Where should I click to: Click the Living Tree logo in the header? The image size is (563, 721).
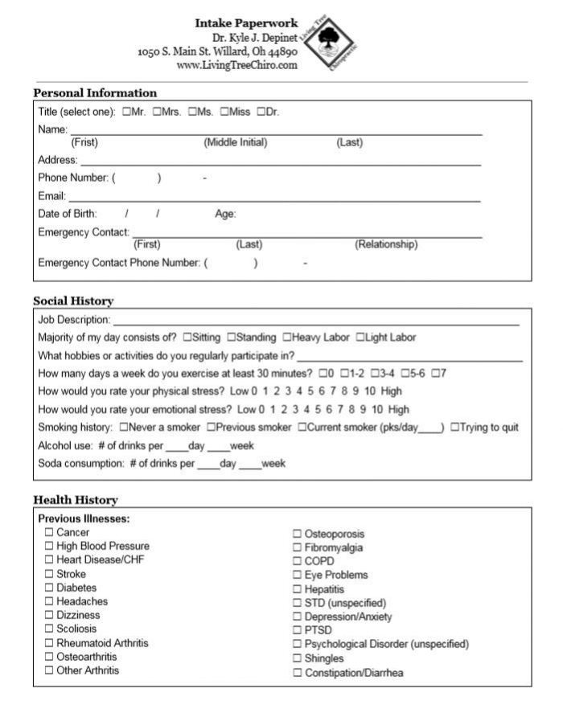pyautogui.click(x=328, y=43)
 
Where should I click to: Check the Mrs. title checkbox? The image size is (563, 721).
pyautogui.click(x=157, y=112)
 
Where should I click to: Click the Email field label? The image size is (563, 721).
pyautogui.click(x=51, y=196)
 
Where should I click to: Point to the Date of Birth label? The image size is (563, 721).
pyautogui.click(x=68, y=214)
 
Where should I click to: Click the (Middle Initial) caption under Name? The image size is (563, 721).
pyautogui.click(x=236, y=143)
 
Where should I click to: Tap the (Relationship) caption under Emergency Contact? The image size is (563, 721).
pyautogui.click(x=386, y=244)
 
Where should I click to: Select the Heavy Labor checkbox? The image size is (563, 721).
pyautogui.click(x=286, y=338)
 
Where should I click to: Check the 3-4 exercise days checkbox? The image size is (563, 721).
pyautogui.click(x=375, y=373)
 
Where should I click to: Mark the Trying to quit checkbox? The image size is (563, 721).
pyautogui.click(x=454, y=428)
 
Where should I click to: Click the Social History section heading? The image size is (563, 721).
pyautogui.click(x=73, y=301)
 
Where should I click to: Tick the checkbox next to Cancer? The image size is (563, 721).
pyautogui.click(x=49, y=532)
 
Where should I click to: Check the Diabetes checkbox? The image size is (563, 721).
pyautogui.click(x=49, y=588)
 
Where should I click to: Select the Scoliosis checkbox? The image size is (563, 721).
pyautogui.click(x=49, y=629)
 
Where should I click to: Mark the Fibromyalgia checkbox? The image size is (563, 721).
pyautogui.click(x=297, y=547)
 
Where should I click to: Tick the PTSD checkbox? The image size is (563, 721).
pyautogui.click(x=297, y=630)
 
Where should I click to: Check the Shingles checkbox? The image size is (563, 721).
pyautogui.click(x=297, y=658)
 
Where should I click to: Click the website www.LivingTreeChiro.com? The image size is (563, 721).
pyautogui.click(x=236, y=65)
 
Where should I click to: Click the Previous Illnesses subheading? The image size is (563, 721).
pyautogui.click(x=84, y=518)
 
